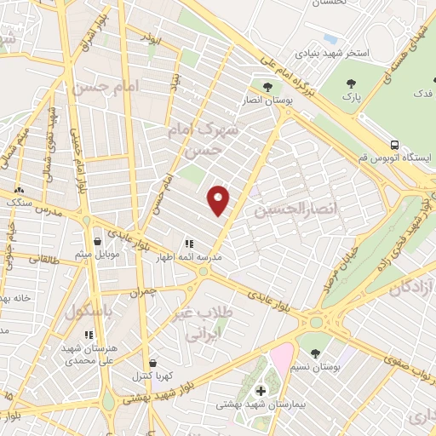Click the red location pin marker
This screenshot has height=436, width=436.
point(220,198)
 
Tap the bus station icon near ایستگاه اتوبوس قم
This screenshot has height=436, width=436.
point(394,144)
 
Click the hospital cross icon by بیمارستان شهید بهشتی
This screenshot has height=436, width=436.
point(260,390)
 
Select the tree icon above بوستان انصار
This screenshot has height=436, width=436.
point(268,87)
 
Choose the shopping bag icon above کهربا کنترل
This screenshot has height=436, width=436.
point(152,363)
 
